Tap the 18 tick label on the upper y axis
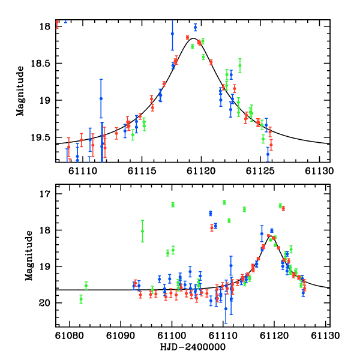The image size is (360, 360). pyautogui.click(x=45, y=27)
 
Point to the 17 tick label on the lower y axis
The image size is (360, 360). pyautogui.click(x=45, y=194)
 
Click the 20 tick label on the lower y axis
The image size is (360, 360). pyautogui.click(x=45, y=304)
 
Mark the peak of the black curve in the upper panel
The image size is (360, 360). pyautogui.click(x=193, y=38)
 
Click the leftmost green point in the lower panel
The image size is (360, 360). pyautogui.click(x=81, y=299)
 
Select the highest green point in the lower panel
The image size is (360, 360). pyautogui.click(x=224, y=202)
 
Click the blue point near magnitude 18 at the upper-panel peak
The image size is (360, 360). pyautogui.click(x=195, y=27)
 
